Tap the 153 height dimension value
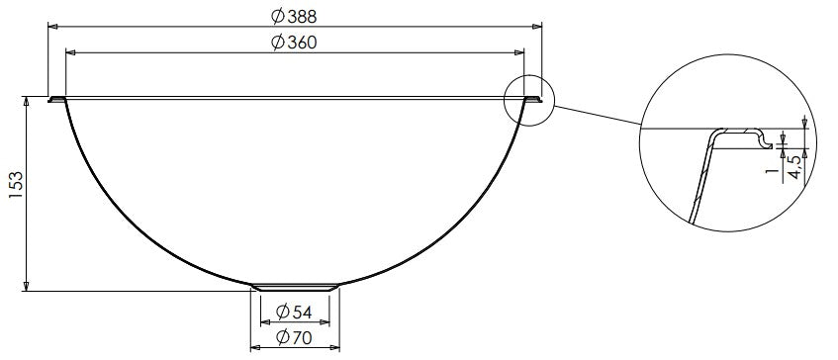click(x=15, y=187)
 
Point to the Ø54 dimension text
click(x=298, y=312)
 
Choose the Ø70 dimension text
click(x=298, y=338)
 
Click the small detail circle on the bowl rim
click(x=528, y=99)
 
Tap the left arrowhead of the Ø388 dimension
click(x=52, y=27)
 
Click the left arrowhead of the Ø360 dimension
click(x=70, y=51)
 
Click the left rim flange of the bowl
click(x=57, y=99)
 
